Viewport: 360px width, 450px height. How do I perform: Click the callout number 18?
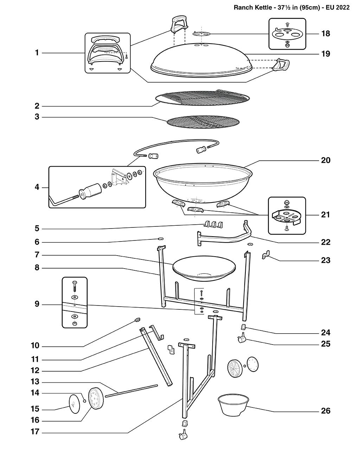pos(326,33)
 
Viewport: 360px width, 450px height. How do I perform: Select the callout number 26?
pos(326,411)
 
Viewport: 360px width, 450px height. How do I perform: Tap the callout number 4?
pos(37,187)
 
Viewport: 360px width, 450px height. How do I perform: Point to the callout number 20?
pos(326,160)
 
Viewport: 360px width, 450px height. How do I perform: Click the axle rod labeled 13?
pos(131,391)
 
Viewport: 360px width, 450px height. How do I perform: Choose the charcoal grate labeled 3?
pos(203,122)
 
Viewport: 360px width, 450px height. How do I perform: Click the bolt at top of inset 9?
pos(75,285)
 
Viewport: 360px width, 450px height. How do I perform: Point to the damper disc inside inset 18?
pos(287,34)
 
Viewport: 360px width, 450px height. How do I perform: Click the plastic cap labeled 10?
pos(137,319)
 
